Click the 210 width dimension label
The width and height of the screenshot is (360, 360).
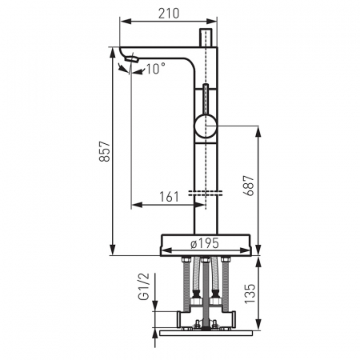pos(169,14)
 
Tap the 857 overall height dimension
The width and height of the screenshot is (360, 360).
pos(105,151)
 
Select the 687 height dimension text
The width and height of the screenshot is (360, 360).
pos(249,186)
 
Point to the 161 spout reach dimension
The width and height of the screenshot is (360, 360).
pos(169,197)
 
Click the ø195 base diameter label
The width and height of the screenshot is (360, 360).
pos(205,243)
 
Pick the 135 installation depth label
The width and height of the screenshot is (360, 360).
pos(250,294)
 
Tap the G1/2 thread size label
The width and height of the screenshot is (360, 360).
pos(145,286)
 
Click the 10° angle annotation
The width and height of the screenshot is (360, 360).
pos(155,69)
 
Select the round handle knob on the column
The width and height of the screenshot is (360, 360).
pos(206,126)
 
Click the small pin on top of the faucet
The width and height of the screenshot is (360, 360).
pos(206,38)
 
